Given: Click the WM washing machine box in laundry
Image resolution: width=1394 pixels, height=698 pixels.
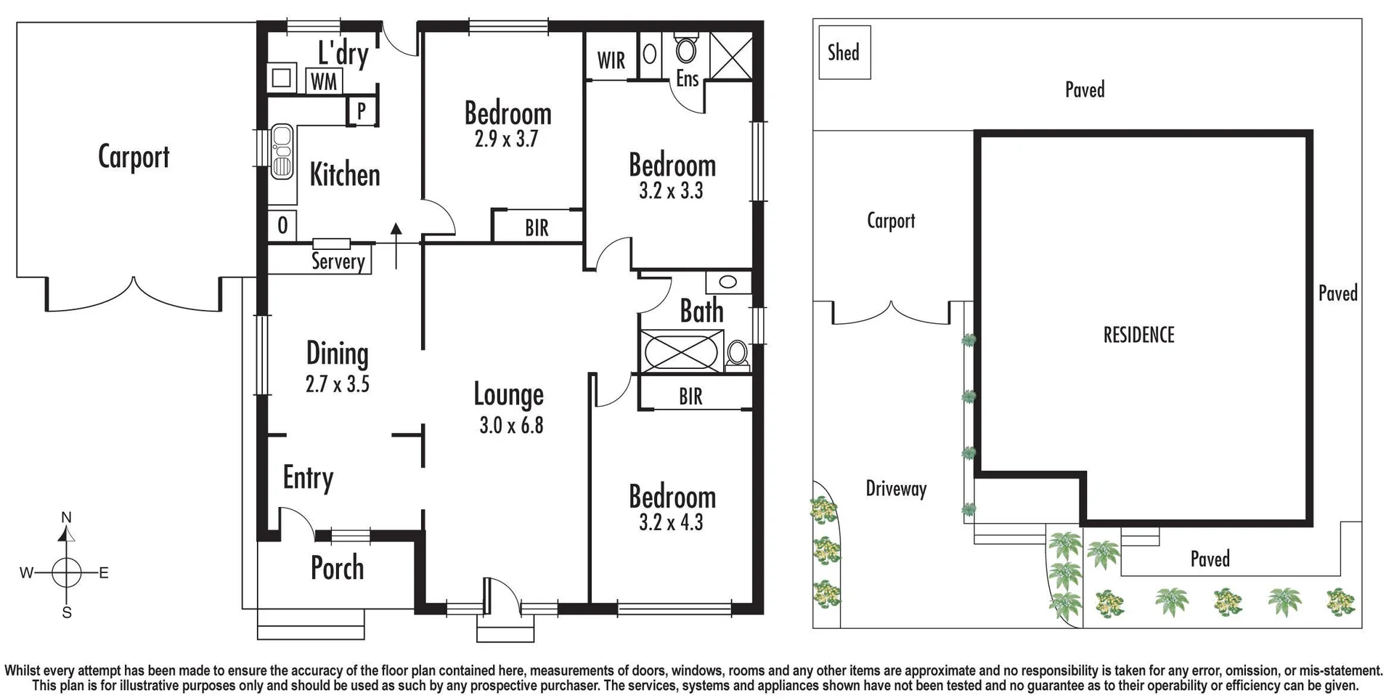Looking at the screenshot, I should click(x=324, y=81).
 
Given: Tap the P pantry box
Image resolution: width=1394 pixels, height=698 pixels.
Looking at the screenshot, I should click(x=361, y=111).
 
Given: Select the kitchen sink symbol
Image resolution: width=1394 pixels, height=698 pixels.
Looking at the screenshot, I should click(x=282, y=153).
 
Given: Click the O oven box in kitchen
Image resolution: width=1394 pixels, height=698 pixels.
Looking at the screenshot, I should click(x=282, y=226).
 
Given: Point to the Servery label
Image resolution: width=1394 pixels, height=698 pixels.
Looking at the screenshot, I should click(x=338, y=261).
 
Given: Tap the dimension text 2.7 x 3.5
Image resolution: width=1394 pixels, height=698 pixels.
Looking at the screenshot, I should click(x=338, y=384).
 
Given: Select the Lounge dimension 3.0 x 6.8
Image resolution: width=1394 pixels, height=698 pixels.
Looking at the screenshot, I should click(x=511, y=426).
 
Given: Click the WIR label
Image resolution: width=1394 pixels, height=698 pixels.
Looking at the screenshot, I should click(x=611, y=60).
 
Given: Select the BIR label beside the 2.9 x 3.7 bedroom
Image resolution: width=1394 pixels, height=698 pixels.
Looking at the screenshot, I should click(x=537, y=228).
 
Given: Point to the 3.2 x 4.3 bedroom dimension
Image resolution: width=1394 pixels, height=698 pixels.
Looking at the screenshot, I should click(x=671, y=522).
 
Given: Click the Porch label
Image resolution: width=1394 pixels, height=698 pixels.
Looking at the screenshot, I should click(x=337, y=568).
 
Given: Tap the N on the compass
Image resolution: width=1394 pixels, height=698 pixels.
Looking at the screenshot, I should click(x=66, y=517).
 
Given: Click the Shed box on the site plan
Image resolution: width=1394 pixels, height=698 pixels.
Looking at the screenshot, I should click(x=844, y=52).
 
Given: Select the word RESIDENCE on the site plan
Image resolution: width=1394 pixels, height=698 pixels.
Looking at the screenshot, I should click(x=1138, y=335).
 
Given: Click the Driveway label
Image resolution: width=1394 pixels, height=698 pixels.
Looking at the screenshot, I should click(x=896, y=489).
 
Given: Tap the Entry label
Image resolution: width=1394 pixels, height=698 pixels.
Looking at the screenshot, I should click(x=308, y=478).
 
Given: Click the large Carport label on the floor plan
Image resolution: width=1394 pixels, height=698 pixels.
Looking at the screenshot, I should click(x=134, y=157).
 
